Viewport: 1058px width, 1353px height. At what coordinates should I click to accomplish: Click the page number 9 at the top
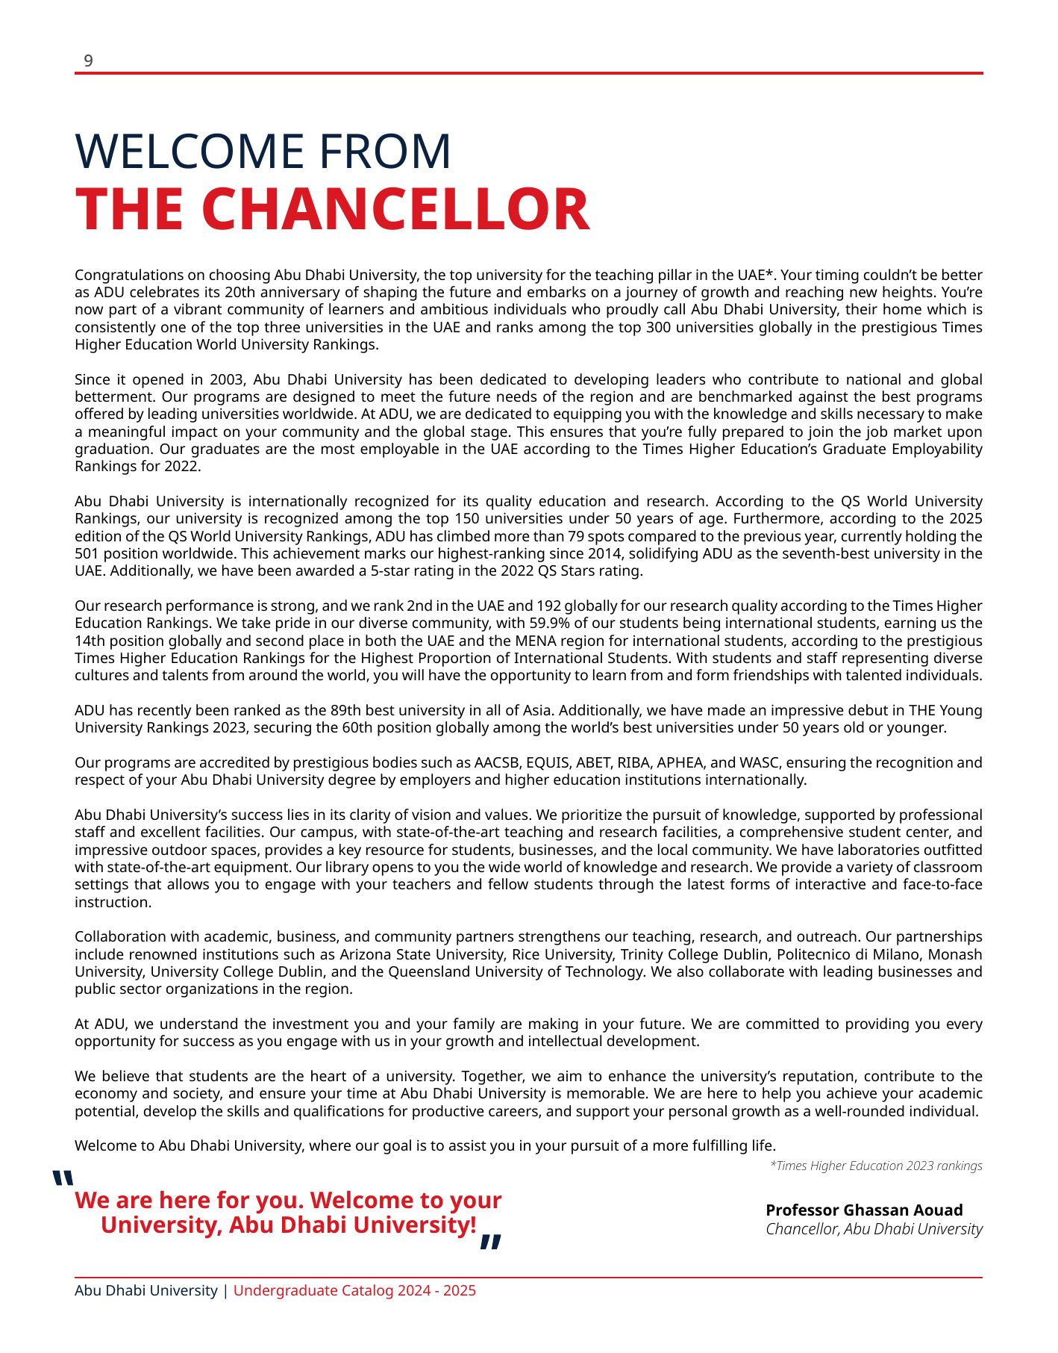[x=88, y=61]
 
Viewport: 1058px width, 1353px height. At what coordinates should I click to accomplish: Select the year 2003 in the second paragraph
[x=225, y=379]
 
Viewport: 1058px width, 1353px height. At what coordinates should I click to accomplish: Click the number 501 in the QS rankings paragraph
[x=86, y=553]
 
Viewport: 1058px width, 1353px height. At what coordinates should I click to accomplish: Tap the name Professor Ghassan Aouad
[x=864, y=1210]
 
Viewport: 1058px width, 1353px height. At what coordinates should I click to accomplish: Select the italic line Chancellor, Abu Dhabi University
[x=874, y=1229]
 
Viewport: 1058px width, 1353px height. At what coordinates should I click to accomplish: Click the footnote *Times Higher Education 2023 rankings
[x=875, y=1166]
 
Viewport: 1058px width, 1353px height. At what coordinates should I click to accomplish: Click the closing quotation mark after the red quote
[x=489, y=1241]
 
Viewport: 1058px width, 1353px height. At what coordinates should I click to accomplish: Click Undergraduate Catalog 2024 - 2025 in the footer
[x=354, y=1290]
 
